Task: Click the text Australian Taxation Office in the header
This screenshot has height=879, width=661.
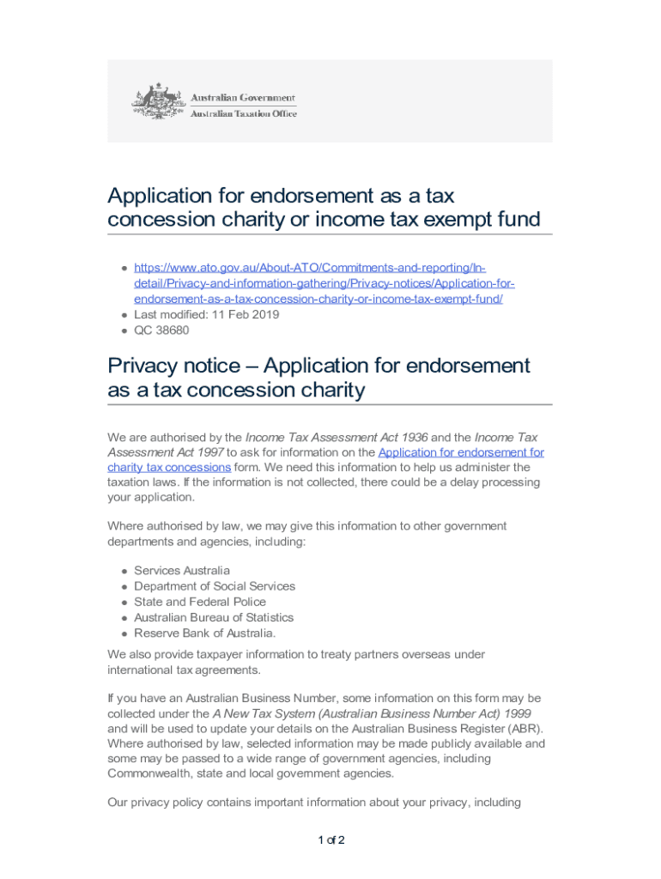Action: [x=243, y=113]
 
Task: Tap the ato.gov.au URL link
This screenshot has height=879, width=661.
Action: [x=318, y=283]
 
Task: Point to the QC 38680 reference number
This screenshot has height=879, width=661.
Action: [x=161, y=330]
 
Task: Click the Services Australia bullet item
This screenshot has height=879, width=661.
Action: [x=182, y=571]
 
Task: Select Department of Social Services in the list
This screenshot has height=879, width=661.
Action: [x=215, y=586]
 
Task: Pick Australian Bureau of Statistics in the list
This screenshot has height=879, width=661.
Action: [x=214, y=617]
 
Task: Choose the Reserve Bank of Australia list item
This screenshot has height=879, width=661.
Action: [x=205, y=633]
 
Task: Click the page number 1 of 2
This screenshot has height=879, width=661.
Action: [x=330, y=840]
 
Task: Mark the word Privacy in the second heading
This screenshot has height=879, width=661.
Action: [x=142, y=366]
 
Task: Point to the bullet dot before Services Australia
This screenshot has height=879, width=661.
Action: [x=124, y=572]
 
